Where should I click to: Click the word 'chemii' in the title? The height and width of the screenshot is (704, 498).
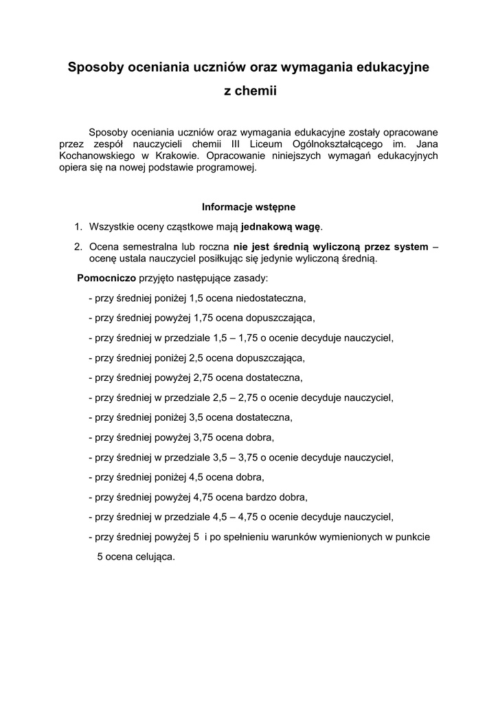tap(256, 91)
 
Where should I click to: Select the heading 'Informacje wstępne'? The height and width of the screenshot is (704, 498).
tap(249, 206)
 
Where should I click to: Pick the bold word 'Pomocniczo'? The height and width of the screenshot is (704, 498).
tap(106, 278)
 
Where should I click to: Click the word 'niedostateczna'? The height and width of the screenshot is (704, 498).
tap(271, 298)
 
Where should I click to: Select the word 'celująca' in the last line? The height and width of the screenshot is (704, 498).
tap(156, 557)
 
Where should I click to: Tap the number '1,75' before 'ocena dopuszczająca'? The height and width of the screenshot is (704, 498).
tap(206, 318)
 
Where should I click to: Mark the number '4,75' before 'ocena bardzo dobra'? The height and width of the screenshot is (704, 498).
tap(206, 497)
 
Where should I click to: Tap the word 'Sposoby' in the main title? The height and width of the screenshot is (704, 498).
tap(91, 67)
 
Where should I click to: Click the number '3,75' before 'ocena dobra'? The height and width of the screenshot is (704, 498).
tap(206, 437)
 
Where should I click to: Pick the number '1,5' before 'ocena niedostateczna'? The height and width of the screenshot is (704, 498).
tap(197, 298)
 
